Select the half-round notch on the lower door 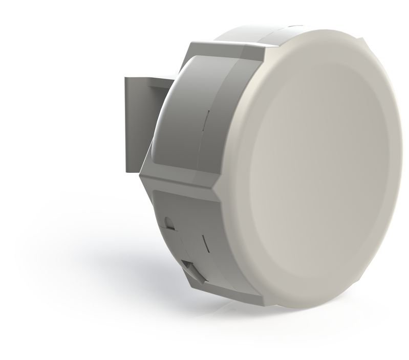coord(168,223)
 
